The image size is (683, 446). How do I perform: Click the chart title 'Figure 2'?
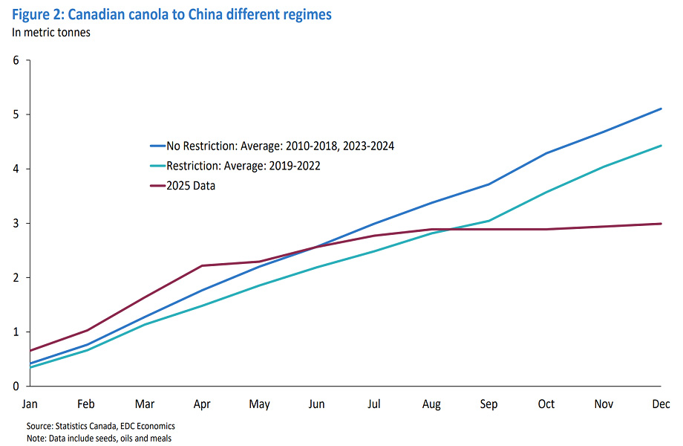[x=171, y=14]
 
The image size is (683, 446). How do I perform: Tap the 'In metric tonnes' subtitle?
[x=50, y=32]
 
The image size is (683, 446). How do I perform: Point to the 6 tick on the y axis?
[x=16, y=60]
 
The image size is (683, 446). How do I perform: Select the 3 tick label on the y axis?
[x=16, y=223]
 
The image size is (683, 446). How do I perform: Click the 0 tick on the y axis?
[x=16, y=386]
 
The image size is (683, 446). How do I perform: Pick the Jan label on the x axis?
[x=30, y=404]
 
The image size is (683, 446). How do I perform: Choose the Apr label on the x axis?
[x=202, y=404]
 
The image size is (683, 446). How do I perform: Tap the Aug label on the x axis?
[x=431, y=404]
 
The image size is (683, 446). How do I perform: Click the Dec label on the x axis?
[x=661, y=404]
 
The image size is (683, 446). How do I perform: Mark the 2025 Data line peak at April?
[x=202, y=265]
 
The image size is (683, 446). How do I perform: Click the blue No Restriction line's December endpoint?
[x=661, y=109]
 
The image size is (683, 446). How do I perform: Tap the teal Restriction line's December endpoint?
[x=661, y=146]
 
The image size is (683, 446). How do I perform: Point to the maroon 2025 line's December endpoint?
[x=661, y=224]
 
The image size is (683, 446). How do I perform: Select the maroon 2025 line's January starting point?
[x=30, y=351]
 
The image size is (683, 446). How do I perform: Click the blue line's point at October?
[x=546, y=153]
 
